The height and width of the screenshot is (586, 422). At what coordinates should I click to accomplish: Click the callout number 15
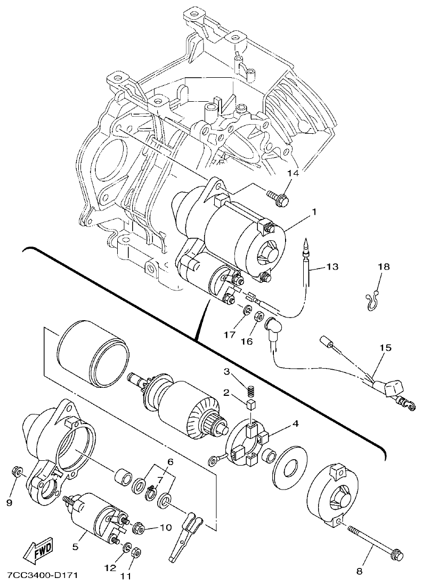click(x=385, y=348)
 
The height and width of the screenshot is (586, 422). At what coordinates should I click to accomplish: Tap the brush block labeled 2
click(x=249, y=405)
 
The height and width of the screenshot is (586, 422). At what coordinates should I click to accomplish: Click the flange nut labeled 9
click(x=17, y=471)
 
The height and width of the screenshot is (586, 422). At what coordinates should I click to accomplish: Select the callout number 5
click(x=76, y=546)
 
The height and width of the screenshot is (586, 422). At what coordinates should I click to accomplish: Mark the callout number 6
click(x=171, y=461)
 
